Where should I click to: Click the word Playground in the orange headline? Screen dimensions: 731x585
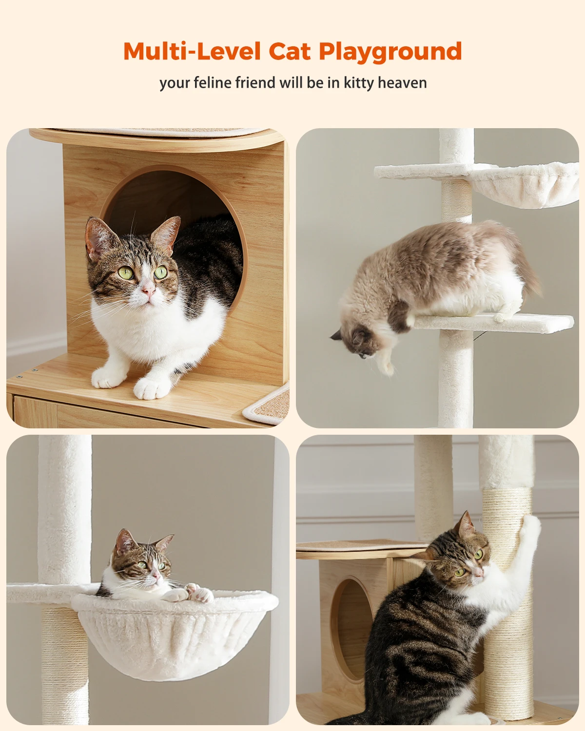390,52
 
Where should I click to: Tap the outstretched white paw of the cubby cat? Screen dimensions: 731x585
152,388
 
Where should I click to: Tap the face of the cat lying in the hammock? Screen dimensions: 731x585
146,565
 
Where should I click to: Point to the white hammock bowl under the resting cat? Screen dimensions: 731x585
175,638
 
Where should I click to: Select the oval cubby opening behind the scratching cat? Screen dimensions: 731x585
349,629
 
